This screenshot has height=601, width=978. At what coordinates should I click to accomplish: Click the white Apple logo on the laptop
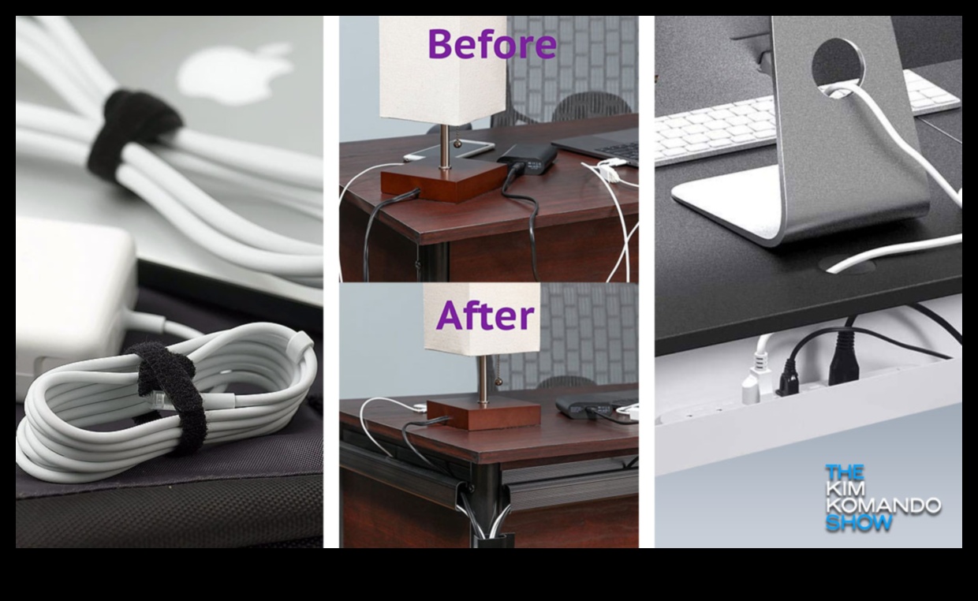[237, 74]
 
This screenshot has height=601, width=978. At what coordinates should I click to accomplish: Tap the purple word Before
[492, 43]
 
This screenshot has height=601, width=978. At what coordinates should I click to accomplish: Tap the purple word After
[485, 315]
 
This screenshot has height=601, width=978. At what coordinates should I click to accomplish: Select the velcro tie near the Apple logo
[131, 134]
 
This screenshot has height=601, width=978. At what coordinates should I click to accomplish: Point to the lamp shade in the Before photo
[442, 70]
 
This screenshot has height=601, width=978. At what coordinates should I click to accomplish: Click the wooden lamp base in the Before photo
[446, 179]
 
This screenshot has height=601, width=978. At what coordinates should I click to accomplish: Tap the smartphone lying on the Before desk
[449, 150]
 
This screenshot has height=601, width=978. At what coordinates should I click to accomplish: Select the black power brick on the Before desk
[528, 159]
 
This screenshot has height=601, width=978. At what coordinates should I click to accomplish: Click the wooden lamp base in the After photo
[483, 413]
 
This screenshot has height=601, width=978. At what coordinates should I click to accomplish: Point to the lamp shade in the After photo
[482, 319]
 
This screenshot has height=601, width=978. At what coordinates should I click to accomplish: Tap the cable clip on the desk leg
[483, 510]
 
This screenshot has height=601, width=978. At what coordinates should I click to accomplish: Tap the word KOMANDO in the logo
[883, 506]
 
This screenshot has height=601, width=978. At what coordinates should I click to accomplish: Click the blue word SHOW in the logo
[859, 522]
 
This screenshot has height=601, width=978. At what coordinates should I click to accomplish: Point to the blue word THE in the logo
[845, 472]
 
